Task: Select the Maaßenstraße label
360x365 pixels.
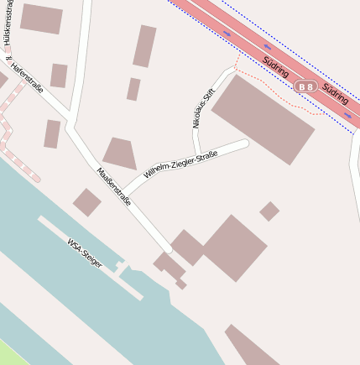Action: (x=114, y=185)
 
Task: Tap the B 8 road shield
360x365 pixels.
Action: (x=305, y=86)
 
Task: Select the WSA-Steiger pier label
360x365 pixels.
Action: (x=85, y=253)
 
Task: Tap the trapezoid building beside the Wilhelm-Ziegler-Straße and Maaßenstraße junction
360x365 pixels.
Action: (x=119, y=154)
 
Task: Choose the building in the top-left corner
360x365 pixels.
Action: (x=41, y=18)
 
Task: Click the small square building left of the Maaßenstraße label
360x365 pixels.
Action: (x=86, y=202)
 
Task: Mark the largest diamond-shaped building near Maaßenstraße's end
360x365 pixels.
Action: (x=234, y=247)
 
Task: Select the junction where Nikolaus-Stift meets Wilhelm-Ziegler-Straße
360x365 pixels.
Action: (x=198, y=157)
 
